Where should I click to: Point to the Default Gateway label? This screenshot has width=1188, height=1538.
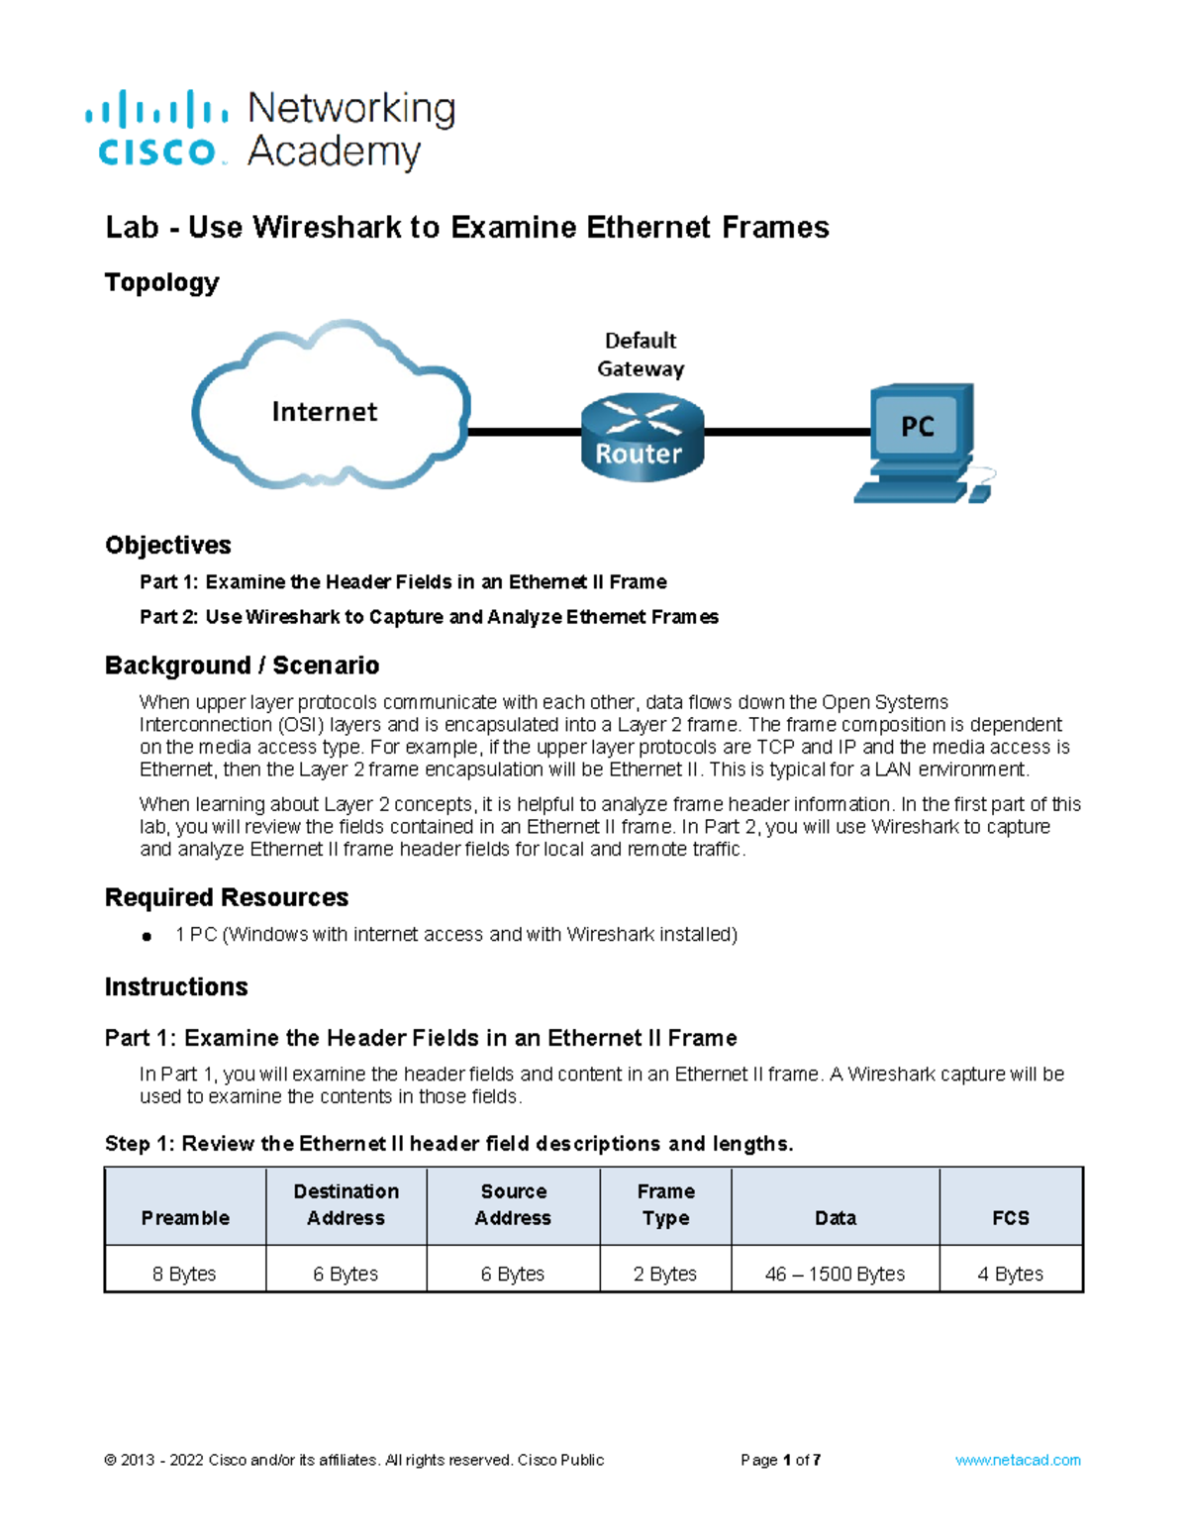click(641, 355)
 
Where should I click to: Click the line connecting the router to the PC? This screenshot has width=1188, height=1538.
click(787, 432)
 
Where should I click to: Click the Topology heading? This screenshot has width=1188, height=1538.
click(161, 282)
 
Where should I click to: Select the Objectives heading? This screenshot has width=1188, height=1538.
click(167, 545)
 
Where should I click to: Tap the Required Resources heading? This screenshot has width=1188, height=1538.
click(227, 897)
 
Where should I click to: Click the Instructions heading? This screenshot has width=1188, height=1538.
click(176, 986)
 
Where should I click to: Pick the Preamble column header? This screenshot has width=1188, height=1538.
click(185, 1217)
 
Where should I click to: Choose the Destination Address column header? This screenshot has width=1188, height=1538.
click(346, 1204)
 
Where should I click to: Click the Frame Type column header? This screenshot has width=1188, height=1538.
click(665, 1204)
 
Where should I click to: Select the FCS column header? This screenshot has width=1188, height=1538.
click(1011, 1217)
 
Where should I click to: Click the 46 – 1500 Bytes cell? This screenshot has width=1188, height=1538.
click(835, 1274)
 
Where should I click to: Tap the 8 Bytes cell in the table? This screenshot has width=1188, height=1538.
click(184, 1274)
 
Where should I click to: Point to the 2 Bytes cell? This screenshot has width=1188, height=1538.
click(665, 1274)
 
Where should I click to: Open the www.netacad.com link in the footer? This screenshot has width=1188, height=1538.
click(1018, 1460)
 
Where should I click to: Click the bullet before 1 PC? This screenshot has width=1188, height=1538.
click(147, 936)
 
